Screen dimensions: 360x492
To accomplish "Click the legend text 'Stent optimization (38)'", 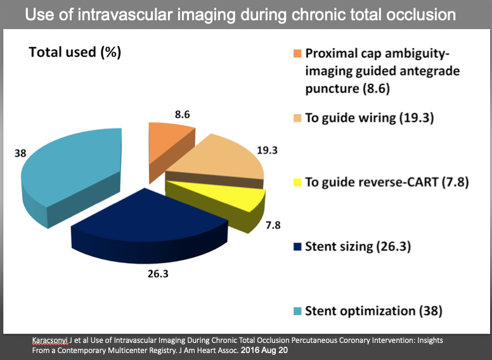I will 373,311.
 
